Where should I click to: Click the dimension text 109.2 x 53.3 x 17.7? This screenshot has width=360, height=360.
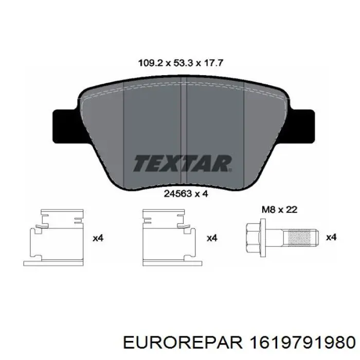[x=181, y=63]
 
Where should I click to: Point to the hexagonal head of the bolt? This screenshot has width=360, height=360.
[x=253, y=238]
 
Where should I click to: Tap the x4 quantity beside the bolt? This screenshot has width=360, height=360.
[x=332, y=238]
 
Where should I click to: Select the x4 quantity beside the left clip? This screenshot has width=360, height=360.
[x=98, y=238]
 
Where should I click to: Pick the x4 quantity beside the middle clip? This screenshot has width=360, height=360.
[x=211, y=238]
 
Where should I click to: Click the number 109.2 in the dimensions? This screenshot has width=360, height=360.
[x=150, y=63]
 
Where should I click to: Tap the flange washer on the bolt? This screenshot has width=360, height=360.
[x=264, y=238]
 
